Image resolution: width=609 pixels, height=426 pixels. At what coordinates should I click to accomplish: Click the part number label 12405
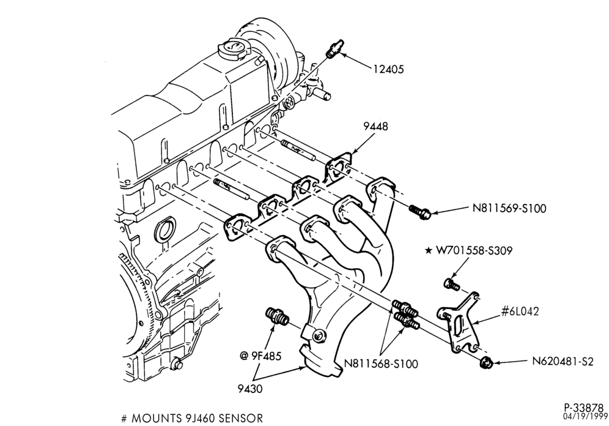388,69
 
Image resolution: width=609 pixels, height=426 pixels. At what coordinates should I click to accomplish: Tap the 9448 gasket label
375,126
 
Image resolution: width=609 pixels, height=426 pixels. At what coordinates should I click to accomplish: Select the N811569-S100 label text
509,208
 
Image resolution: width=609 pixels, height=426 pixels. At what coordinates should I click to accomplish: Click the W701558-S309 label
474,251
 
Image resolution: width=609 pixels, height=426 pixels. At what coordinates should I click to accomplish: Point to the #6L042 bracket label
520,312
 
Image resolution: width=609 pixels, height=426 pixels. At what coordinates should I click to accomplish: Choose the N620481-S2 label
563,362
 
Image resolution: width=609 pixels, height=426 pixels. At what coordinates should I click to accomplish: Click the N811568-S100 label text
381,364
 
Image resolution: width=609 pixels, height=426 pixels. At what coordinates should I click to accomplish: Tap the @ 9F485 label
260,356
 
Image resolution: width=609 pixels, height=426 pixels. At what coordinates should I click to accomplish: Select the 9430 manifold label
250,388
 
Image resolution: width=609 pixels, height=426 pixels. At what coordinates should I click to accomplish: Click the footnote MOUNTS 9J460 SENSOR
192,418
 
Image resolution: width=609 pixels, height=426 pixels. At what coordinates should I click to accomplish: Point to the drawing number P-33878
584,408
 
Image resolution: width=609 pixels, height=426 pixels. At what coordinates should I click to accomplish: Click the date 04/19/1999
585,416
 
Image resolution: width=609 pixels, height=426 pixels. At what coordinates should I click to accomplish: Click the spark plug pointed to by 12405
335,48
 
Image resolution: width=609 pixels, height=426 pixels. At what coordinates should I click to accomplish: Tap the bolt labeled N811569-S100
419,211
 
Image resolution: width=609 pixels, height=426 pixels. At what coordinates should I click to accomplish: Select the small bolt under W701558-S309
451,283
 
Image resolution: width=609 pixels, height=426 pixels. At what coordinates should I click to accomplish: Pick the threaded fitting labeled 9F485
277,316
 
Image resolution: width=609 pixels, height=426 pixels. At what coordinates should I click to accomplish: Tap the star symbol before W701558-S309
429,251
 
